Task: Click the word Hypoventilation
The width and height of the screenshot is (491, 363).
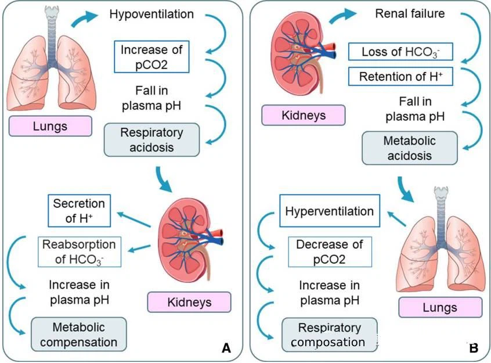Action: pos(152,13)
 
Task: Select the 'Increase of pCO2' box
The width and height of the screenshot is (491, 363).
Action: pos(152,56)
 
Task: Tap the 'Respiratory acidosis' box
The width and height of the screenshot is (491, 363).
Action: pos(152,139)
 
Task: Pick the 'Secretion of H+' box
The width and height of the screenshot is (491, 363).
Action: pos(79,210)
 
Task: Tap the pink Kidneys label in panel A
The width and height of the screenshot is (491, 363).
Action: pos(189,303)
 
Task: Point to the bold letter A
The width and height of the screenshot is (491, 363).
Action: pos(226,348)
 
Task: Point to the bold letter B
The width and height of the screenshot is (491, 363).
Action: pos(473,348)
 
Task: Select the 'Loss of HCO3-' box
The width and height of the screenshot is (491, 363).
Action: pos(400,52)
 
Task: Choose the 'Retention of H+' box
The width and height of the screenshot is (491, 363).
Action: pos(400,76)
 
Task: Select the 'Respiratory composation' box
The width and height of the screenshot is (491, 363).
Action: pos(329,335)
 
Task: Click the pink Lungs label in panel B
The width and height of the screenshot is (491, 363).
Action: pos(441,307)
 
